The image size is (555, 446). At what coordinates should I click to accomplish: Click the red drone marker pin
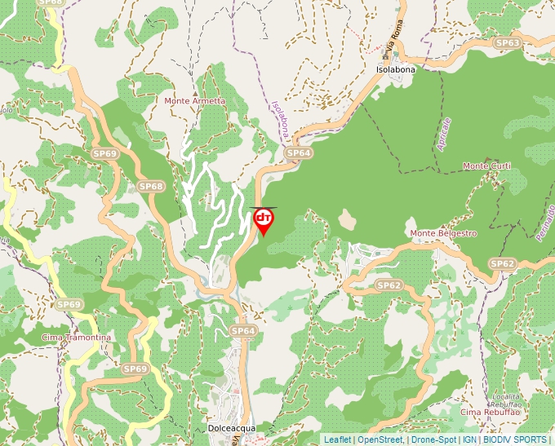[264, 220]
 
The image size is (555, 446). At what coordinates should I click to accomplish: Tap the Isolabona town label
[395, 69]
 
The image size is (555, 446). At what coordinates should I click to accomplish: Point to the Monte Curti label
[486, 166]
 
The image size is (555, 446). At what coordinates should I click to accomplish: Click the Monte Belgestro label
[443, 233]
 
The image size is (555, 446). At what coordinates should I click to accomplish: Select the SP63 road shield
[507, 42]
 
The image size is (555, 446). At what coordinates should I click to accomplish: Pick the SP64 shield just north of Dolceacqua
[243, 330]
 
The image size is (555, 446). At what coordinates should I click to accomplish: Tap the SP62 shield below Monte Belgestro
[389, 285]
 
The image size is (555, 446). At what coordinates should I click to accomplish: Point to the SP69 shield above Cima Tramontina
[69, 304]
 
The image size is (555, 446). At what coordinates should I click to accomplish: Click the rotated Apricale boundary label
[444, 133]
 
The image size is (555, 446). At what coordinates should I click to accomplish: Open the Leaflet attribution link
[337, 439]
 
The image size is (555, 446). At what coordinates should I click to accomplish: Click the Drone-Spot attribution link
[433, 439]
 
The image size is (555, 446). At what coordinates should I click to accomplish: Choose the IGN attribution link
[469, 439]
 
